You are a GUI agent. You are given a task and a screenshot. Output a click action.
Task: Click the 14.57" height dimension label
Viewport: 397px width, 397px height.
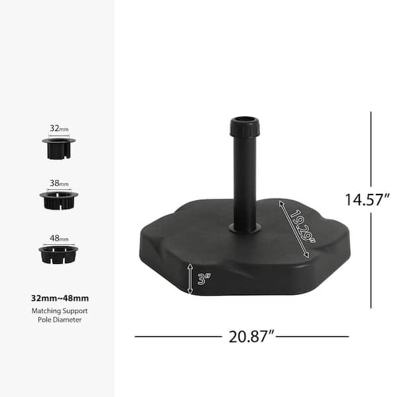tap(367, 200)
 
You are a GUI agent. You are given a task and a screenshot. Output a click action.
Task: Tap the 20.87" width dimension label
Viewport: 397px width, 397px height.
tap(251, 337)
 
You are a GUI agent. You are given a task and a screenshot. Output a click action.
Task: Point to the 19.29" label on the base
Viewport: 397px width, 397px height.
tap(303, 226)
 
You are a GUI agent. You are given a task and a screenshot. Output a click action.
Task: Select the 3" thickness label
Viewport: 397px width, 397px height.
tap(204, 279)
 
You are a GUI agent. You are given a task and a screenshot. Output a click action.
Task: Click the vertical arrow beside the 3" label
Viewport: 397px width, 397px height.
tap(190, 279)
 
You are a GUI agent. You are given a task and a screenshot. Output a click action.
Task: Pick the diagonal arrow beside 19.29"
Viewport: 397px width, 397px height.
tap(294, 229)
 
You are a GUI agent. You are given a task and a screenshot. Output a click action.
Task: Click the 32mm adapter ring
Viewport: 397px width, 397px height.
tap(58, 148)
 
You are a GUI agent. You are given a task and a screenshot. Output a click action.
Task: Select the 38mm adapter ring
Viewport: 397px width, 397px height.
tap(59, 200)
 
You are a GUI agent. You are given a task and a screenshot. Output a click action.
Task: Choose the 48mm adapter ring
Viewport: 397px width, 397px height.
tap(58, 255)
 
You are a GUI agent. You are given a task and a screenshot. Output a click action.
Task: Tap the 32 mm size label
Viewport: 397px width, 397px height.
tap(59, 128)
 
